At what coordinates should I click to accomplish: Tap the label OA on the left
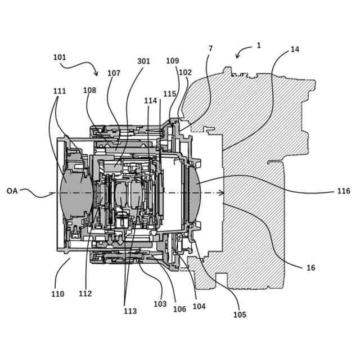[x=12, y=191]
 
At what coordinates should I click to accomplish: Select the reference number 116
[x=344, y=191]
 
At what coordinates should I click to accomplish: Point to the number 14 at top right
[x=295, y=49]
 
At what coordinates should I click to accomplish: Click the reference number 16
[x=310, y=268]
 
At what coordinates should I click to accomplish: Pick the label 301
[x=143, y=61]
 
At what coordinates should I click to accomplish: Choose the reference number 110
[x=57, y=294]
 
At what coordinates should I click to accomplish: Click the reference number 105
[x=240, y=315]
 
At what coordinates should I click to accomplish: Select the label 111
[x=60, y=91]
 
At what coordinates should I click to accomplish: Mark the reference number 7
[x=210, y=48]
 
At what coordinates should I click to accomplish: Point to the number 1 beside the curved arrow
[x=259, y=45]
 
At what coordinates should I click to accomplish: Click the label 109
[x=173, y=60]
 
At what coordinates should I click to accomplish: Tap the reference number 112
[x=85, y=294]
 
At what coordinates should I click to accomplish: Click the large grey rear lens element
[x=193, y=191]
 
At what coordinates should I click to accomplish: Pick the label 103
[x=160, y=304]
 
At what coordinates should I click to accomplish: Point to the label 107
[x=114, y=73]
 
